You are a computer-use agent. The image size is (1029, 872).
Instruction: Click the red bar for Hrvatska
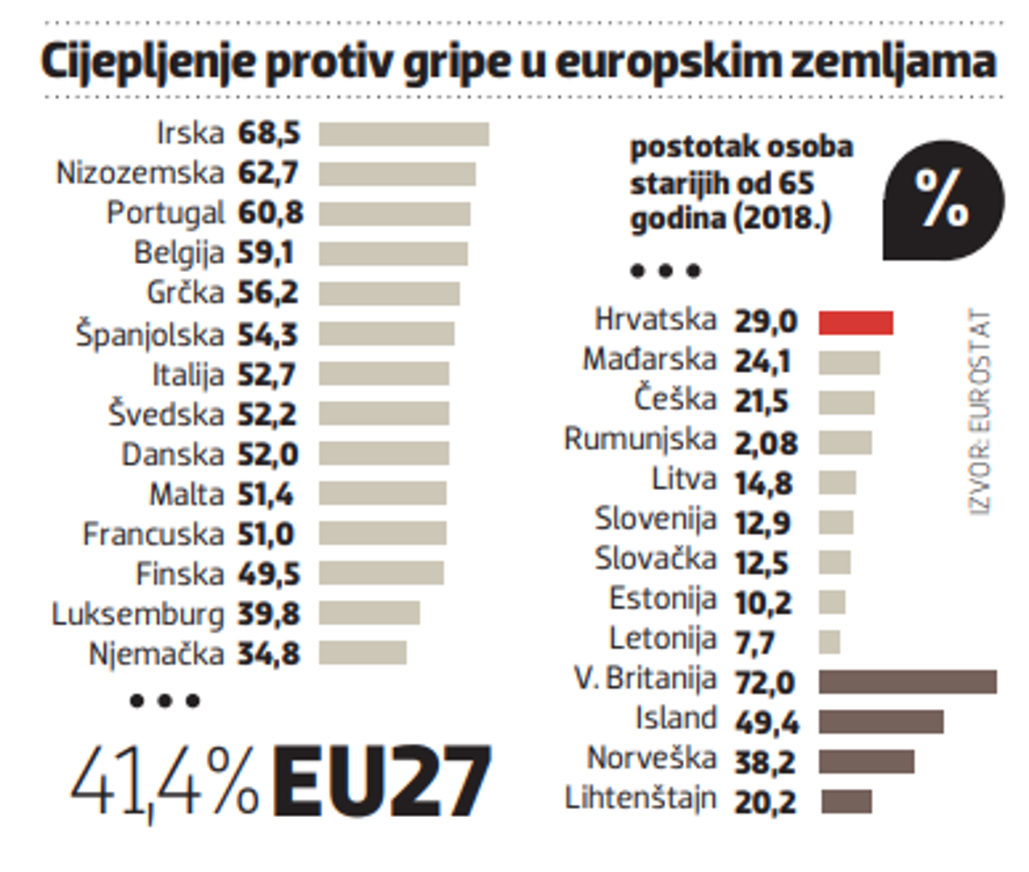pos(855,323)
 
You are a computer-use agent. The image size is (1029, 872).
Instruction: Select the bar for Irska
pos(403,134)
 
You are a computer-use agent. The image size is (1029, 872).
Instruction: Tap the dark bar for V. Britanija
pos(907,681)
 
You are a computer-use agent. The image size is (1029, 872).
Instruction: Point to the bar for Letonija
pos(829,642)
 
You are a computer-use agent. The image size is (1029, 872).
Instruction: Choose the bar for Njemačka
pos(362,652)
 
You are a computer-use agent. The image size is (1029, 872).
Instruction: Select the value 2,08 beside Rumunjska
pos(766,443)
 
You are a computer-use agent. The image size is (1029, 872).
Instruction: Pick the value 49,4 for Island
pos(766,722)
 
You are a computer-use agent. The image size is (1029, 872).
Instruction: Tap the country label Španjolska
pos(149,334)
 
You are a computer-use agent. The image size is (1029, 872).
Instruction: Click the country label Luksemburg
pos(137,614)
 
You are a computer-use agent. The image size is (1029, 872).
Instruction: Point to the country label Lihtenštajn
pos(640,799)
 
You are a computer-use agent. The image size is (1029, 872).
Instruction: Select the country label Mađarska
pos(649,359)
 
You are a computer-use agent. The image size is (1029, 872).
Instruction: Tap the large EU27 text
pos(381,782)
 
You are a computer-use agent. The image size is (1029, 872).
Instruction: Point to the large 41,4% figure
pos(165,782)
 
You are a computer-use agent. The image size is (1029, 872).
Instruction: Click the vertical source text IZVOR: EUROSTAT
pos(979,411)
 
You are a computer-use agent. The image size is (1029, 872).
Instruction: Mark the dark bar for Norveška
pos(866,761)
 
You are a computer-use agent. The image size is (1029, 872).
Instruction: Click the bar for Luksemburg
pos(369,613)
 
